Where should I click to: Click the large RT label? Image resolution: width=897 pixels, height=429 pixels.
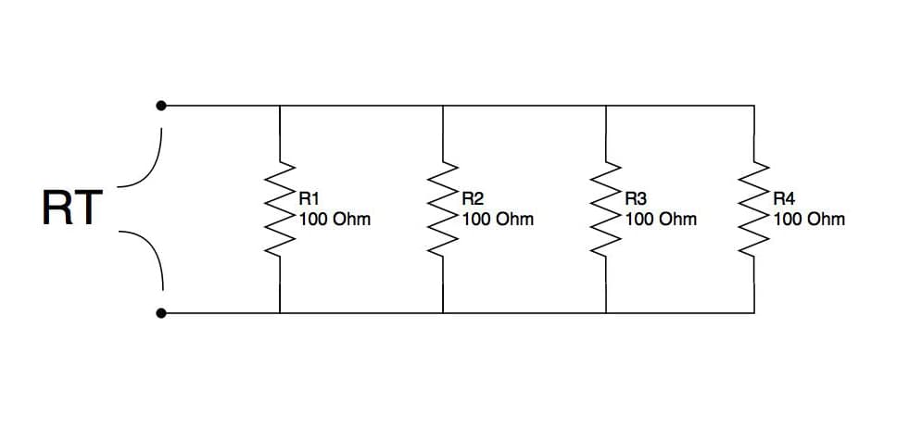point(72,208)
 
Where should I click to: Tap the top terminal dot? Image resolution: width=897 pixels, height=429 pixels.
point(161,106)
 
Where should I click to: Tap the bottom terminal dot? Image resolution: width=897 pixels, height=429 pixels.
point(161,313)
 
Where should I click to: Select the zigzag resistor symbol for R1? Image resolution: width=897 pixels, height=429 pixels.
point(280,208)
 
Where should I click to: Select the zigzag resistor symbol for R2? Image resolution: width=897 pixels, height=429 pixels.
point(443,208)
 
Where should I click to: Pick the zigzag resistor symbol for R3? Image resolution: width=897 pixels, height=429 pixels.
point(606,208)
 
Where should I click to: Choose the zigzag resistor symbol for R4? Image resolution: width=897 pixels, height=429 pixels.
point(754,208)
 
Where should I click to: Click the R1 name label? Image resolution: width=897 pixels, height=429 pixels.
point(309,199)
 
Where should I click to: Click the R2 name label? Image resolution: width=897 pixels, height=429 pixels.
point(473,199)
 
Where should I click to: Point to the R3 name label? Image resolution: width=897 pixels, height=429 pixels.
point(636,199)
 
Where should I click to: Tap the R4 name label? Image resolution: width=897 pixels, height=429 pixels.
point(784,199)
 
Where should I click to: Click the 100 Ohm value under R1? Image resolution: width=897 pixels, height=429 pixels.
point(335,219)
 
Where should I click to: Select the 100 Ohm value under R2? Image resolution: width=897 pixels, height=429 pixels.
point(498,219)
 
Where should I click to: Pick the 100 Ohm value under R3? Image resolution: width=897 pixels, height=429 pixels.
point(661,219)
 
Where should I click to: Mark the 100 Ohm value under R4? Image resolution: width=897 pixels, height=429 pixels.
point(809,219)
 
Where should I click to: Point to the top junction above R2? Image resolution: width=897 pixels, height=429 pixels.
point(443,106)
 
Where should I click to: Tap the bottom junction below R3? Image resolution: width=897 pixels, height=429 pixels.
point(606,313)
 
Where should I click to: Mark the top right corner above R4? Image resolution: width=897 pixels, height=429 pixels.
point(754,106)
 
